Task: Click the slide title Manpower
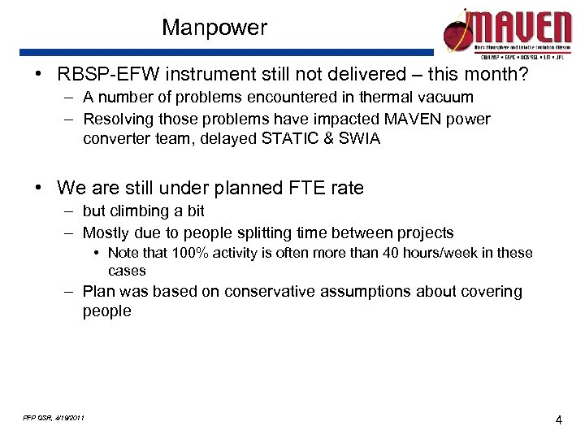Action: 214,28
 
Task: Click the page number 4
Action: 558,419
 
